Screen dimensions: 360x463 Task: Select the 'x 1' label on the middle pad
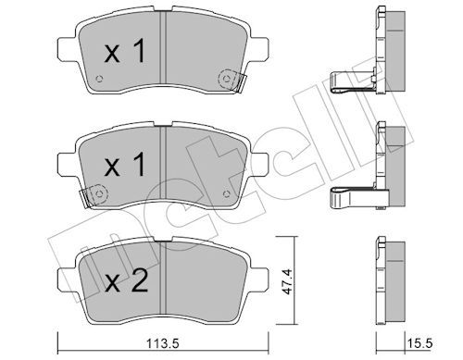(123, 168)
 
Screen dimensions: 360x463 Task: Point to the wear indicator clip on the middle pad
(89, 196)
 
